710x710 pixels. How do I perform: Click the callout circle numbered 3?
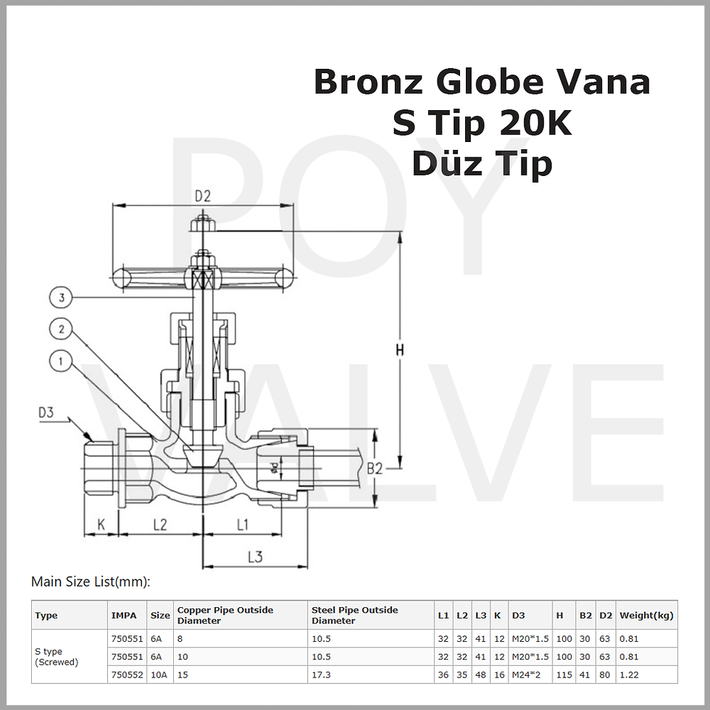pyautogui.click(x=62, y=298)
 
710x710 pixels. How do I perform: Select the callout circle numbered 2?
pyautogui.click(x=62, y=330)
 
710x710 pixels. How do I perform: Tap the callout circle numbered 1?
pyautogui.click(x=62, y=361)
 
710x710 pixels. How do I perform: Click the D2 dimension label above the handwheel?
pyautogui.click(x=202, y=196)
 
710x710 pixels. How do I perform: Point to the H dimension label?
pyautogui.click(x=399, y=350)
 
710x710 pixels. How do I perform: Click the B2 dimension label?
pyautogui.click(x=374, y=469)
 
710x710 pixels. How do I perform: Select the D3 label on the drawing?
pyautogui.click(x=46, y=412)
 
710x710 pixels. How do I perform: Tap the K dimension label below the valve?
pyautogui.click(x=101, y=524)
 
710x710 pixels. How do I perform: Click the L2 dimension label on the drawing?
pyautogui.click(x=159, y=524)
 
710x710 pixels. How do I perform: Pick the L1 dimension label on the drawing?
pyautogui.click(x=242, y=524)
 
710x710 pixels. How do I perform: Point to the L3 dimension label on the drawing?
pyautogui.click(x=254, y=556)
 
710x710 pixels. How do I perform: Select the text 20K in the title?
pyautogui.click(x=535, y=124)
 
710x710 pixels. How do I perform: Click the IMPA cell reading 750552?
pyautogui.click(x=127, y=674)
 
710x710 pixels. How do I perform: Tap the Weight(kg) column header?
pyautogui.click(x=646, y=616)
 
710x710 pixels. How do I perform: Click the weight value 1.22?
pyautogui.click(x=629, y=674)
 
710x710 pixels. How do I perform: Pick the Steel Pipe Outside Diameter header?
pyautogui.click(x=355, y=615)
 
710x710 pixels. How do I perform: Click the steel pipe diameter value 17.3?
pyautogui.click(x=321, y=674)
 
